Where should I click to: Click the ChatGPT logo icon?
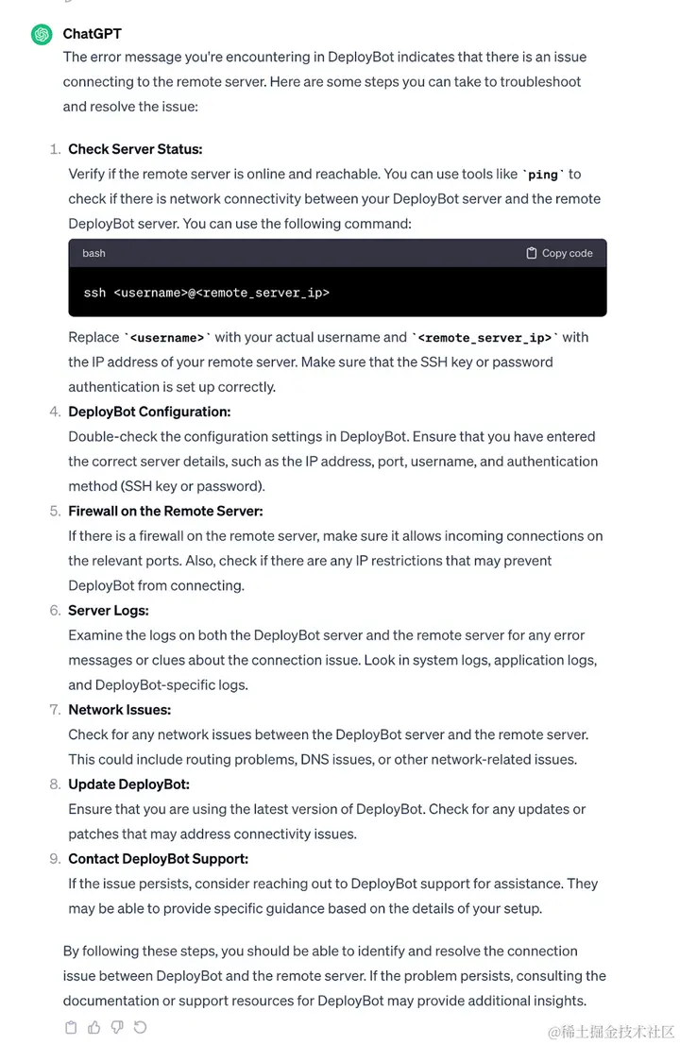[42, 34]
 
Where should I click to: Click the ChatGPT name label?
[92, 34]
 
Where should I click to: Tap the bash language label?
[93, 253]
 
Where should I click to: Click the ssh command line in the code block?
[206, 293]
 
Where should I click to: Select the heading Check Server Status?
[135, 149]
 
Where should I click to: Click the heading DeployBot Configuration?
[149, 412]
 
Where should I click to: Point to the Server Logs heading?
[109, 611]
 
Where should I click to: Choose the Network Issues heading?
[119, 710]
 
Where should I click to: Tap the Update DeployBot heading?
[128, 784]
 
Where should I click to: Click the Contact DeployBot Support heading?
[158, 859]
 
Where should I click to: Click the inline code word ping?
[543, 175]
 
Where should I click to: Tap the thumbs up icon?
[93, 1027]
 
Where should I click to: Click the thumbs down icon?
[117, 1027]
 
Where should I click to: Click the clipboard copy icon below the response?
[71, 1027]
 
